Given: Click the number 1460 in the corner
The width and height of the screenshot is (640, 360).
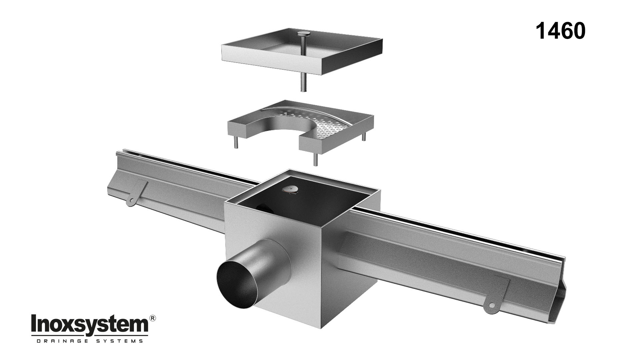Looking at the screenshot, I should pos(560,31).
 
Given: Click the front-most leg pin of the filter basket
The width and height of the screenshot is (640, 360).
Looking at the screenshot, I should pos(315,158).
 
